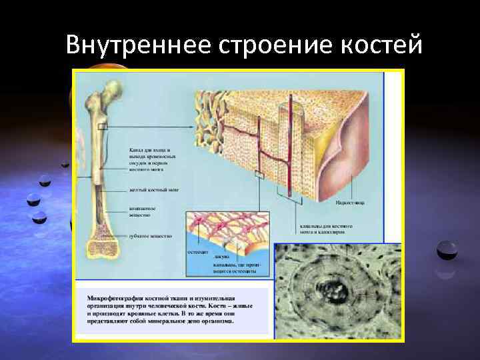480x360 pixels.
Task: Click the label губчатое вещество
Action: (150, 235)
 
